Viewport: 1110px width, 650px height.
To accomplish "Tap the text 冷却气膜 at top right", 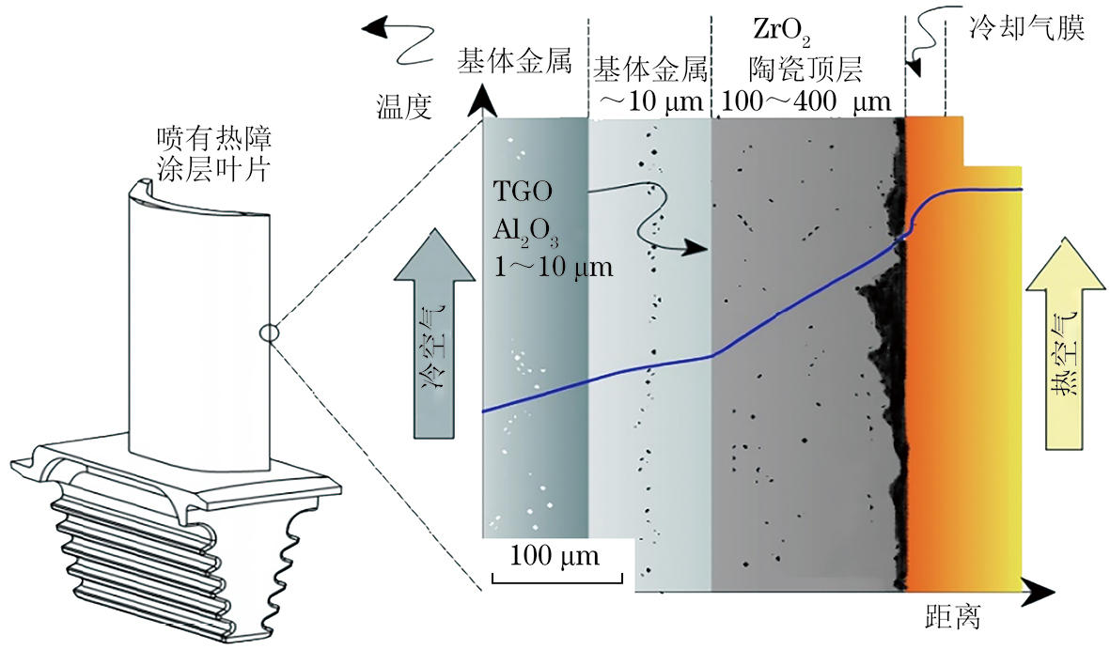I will click(1025, 29).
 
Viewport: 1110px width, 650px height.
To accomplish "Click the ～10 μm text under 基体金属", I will click(649, 102).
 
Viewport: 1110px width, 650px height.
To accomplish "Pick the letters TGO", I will click(523, 193).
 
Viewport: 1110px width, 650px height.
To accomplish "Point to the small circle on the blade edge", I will click(269, 332).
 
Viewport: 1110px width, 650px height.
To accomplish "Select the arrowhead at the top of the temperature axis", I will click(482, 97).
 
